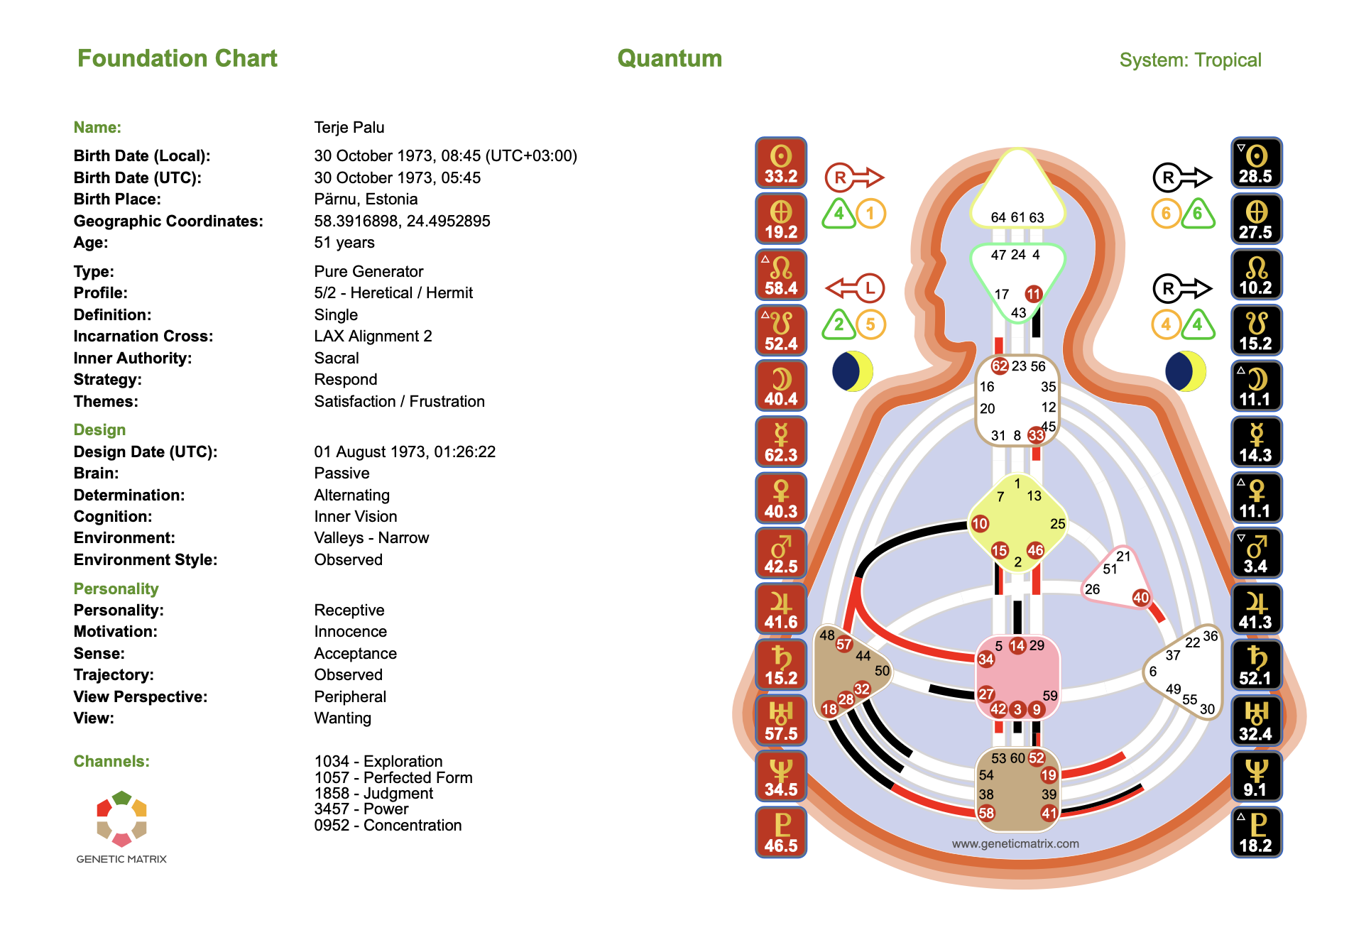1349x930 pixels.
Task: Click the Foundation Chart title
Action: coord(177,58)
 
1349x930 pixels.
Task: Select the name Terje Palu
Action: coord(349,127)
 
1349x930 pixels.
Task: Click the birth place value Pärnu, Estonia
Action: coord(366,199)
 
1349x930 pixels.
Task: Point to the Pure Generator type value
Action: coord(368,271)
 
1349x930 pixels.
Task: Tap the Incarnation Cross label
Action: coord(143,336)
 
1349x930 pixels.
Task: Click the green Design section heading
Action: coord(99,430)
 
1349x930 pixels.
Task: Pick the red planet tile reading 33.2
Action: coord(781,163)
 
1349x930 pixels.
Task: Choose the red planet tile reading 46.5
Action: coord(781,832)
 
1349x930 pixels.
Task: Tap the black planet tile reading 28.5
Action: coord(1256,163)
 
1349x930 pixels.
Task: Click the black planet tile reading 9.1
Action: coord(1256,776)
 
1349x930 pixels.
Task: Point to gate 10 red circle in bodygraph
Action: coord(980,524)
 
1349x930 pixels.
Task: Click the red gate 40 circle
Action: coord(1141,598)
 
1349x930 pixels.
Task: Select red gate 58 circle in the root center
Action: coord(986,813)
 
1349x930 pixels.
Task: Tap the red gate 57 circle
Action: coord(843,645)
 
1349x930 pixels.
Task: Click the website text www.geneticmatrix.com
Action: coord(1015,843)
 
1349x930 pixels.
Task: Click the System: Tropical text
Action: coord(1190,60)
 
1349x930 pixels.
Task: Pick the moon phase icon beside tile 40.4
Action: coord(853,371)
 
